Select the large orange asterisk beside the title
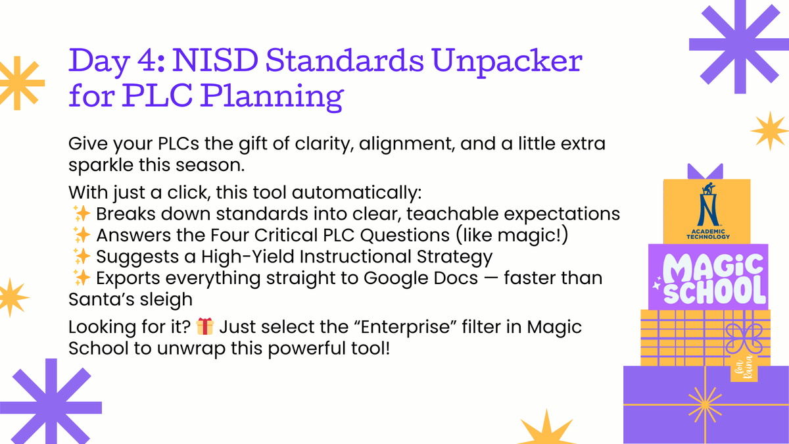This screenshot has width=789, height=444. pyautogui.click(x=18, y=82)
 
